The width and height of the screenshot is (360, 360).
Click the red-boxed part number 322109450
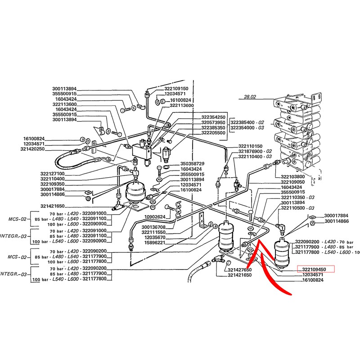(317, 270)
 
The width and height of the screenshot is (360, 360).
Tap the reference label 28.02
(249, 96)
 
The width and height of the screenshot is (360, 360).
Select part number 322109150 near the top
(176, 89)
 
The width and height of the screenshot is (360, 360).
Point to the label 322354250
(213, 117)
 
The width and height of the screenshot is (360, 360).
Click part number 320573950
(213, 122)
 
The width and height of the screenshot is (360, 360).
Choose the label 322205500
(213, 133)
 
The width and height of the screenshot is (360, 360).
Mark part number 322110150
(250, 147)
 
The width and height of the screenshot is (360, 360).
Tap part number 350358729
(192, 163)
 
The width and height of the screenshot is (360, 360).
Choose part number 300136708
(153, 227)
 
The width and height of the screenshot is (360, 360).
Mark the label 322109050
(292, 182)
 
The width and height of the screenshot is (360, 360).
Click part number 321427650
(239, 270)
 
